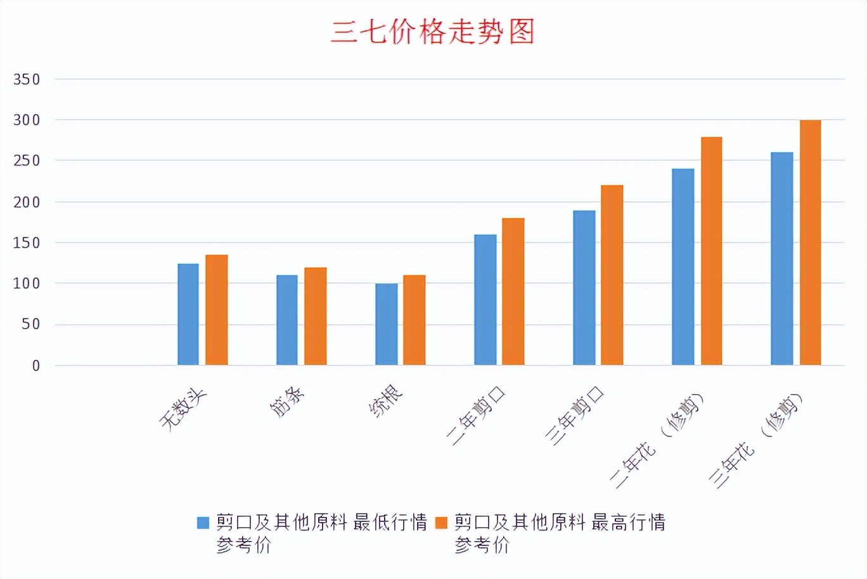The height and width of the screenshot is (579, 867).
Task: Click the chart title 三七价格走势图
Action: (433, 32)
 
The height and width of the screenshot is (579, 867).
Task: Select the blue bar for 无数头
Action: (188, 314)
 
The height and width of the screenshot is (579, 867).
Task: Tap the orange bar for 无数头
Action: (216, 310)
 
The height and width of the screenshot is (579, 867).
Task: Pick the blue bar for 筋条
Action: (287, 320)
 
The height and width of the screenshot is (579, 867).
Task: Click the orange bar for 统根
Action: (414, 320)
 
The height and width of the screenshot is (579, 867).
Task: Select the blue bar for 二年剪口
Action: (485, 300)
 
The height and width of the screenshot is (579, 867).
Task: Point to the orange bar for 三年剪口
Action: (612, 275)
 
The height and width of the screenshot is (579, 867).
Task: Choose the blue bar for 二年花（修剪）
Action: (683, 267)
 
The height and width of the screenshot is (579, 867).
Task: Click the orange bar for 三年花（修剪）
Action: (810, 243)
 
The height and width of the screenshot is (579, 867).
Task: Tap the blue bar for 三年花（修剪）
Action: (782, 258)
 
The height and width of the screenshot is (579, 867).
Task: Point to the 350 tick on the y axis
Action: (27, 80)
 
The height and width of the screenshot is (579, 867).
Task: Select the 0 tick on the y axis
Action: (36, 366)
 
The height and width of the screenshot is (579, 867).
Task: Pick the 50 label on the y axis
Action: (31, 324)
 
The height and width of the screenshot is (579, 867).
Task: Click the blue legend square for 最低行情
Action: (203, 523)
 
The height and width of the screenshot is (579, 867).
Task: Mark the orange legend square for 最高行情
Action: (441, 523)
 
